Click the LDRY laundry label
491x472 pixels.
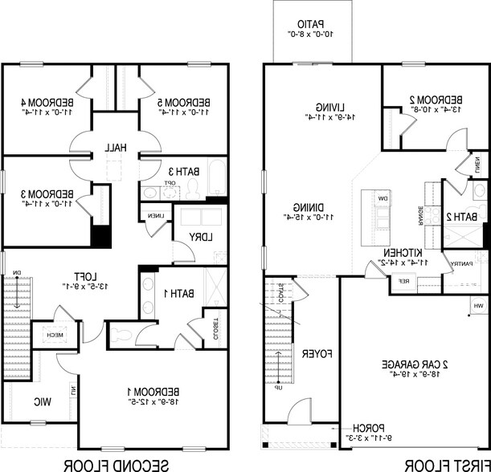pyautogui.click(x=192, y=237)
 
